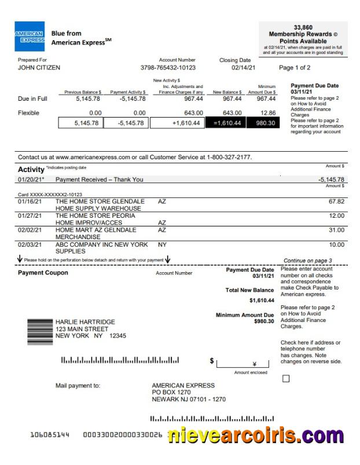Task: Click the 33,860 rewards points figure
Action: [x=303, y=27]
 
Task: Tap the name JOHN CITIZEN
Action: [x=39, y=68]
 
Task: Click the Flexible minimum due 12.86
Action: [x=268, y=113]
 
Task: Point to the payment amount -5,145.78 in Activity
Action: [x=331, y=180]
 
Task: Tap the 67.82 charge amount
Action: [x=336, y=202]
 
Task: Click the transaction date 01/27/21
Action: [x=30, y=215]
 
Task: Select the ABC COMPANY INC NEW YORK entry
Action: [x=101, y=244]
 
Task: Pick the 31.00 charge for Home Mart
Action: [x=336, y=230]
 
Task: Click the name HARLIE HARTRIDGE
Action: [x=85, y=322]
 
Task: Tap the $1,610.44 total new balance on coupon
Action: [x=262, y=301]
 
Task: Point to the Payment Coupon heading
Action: [x=43, y=273]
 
